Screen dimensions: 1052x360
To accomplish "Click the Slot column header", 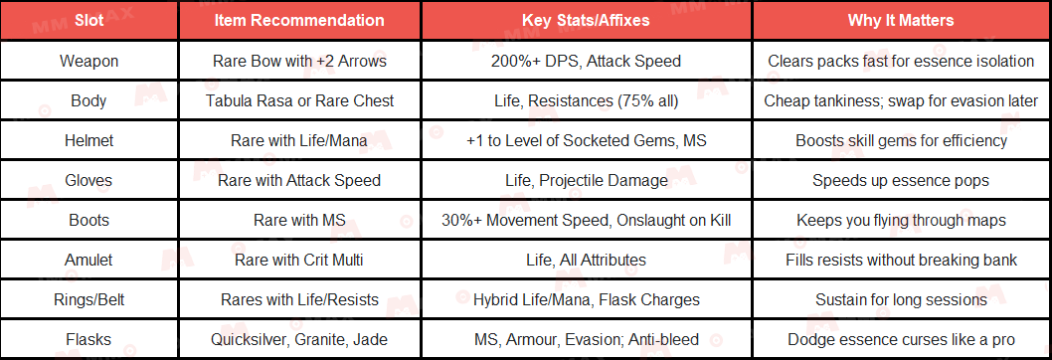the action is click(88, 20).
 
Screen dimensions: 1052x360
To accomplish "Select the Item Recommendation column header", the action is click(299, 20).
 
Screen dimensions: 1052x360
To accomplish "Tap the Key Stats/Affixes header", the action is click(586, 20).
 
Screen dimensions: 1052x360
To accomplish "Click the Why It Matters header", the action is click(901, 20).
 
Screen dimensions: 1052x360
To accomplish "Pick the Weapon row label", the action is click(88, 61).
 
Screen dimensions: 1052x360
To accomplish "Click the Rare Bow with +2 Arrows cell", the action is click(299, 61).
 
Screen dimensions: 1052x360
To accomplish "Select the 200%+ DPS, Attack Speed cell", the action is click(586, 61).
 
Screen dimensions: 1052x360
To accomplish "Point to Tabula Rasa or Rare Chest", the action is click(299, 100).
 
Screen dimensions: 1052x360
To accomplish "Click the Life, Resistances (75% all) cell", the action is click(586, 100).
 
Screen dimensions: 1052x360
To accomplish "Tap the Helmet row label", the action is click(88, 140).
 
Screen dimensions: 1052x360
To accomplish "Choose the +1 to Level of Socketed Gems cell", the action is click(586, 140).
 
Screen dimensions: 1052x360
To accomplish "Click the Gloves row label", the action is click(88, 180).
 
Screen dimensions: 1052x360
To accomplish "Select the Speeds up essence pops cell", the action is click(901, 180).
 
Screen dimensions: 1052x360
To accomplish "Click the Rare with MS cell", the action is click(299, 220).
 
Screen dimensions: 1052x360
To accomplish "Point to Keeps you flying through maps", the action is click(901, 220).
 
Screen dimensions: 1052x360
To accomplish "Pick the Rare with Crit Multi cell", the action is click(299, 260).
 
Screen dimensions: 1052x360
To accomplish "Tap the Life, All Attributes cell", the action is click(586, 260).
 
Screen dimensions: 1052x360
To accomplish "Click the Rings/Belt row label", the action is click(88, 299).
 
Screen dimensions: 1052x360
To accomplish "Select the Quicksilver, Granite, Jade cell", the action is click(299, 339).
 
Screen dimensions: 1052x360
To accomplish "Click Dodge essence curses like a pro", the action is click(901, 339).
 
